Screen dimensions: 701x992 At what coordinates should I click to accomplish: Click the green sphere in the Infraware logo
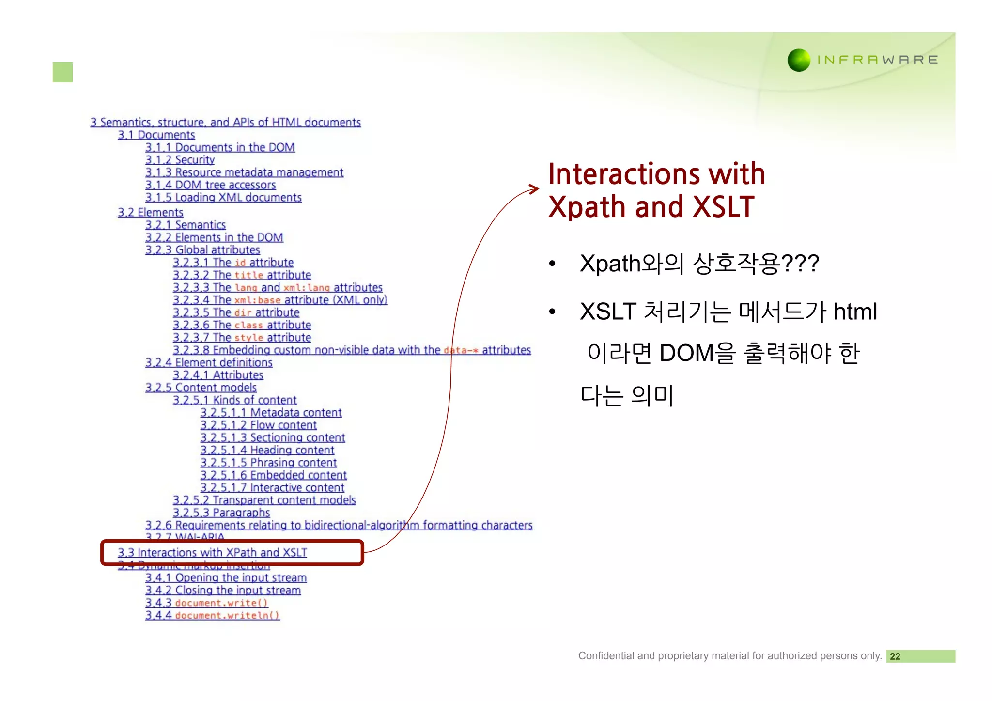click(x=799, y=60)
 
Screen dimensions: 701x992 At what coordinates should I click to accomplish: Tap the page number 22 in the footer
click(x=895, y=656)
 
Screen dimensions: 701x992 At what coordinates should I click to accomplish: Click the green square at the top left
click(x=62, y=72)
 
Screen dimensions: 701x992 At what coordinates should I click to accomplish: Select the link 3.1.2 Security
click(x=180, y=160)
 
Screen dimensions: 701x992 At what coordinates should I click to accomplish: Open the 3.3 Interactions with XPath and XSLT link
click(x=212, y=553)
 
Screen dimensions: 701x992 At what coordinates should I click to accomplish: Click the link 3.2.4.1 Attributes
click(x=218, y=375)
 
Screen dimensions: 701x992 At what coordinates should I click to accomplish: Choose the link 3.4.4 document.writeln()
click(x=212, y=615)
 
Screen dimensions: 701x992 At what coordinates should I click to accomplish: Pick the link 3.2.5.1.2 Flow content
click(x=258, y=425)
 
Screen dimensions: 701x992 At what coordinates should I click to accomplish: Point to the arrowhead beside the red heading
click(x=534, y=189)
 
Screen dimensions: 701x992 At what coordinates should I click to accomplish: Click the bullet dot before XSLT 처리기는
click(x=552, y=312)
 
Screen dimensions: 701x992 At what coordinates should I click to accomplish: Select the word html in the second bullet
click(x=855, y=312)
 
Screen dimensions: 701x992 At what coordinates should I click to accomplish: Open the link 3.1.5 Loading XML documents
click(x=223, y=198)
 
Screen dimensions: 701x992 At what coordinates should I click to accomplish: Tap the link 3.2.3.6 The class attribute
click(x=242, y=325)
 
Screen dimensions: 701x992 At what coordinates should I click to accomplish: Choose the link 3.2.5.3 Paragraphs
click(x=221, y=513)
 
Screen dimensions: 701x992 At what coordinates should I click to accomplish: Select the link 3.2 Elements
click(x=150, y=213)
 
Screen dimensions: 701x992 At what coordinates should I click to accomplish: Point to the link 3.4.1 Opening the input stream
click(x=226, y=578)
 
